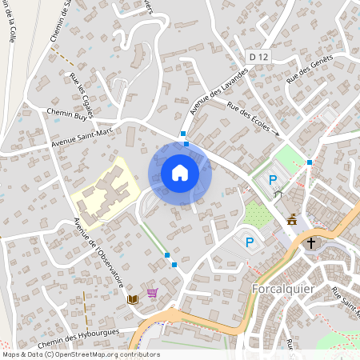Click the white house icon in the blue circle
coord(180,173)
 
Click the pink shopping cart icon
coord(152,294)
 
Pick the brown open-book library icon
coord(134,299)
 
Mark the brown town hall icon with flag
coord(291,219)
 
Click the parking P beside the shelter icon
coord(273,181)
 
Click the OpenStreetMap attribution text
coord(80,354)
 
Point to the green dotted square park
coord(258,214)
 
